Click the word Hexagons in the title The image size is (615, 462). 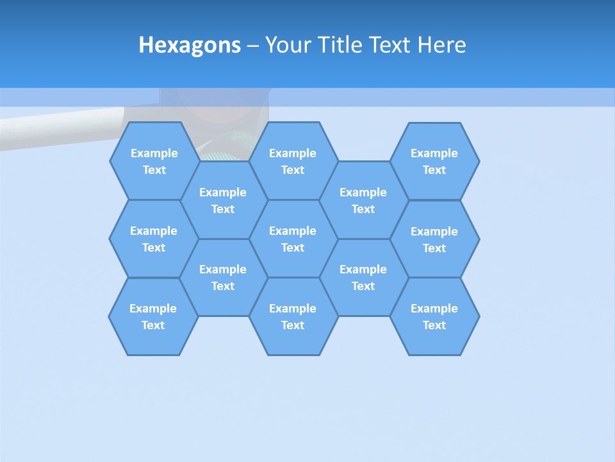tap(190, 45)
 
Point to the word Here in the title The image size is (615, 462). tap(442, 45)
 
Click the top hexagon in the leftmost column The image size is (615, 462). tap(154, 161)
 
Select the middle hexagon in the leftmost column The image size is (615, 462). tap(154, 239)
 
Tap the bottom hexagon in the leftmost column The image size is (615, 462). tap(153, 316)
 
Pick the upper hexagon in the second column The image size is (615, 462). tap(223, 200)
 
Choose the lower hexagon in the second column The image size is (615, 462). tap(223, 277)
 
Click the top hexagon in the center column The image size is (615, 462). tap(293, 161)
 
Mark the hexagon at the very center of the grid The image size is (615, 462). tap(293, 239)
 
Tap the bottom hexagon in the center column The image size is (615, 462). tap(293, 316)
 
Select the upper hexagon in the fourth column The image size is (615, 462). tap(363, 200)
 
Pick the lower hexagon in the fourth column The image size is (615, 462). tap(363, 277)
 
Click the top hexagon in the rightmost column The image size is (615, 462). tap(434, 161)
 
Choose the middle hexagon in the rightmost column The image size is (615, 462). tap(434, 239)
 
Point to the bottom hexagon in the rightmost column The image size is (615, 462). tap(434, 316)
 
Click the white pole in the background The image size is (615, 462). tap(58, 128)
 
